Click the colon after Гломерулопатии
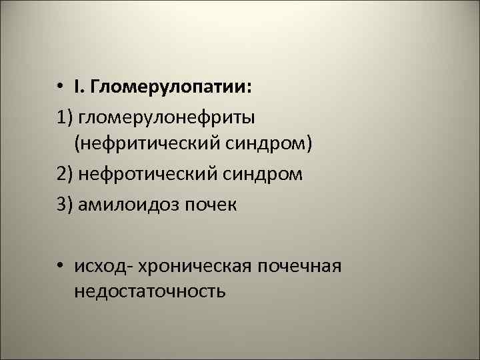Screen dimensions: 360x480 pos(249,89)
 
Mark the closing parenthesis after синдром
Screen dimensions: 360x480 pos(310,145)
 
